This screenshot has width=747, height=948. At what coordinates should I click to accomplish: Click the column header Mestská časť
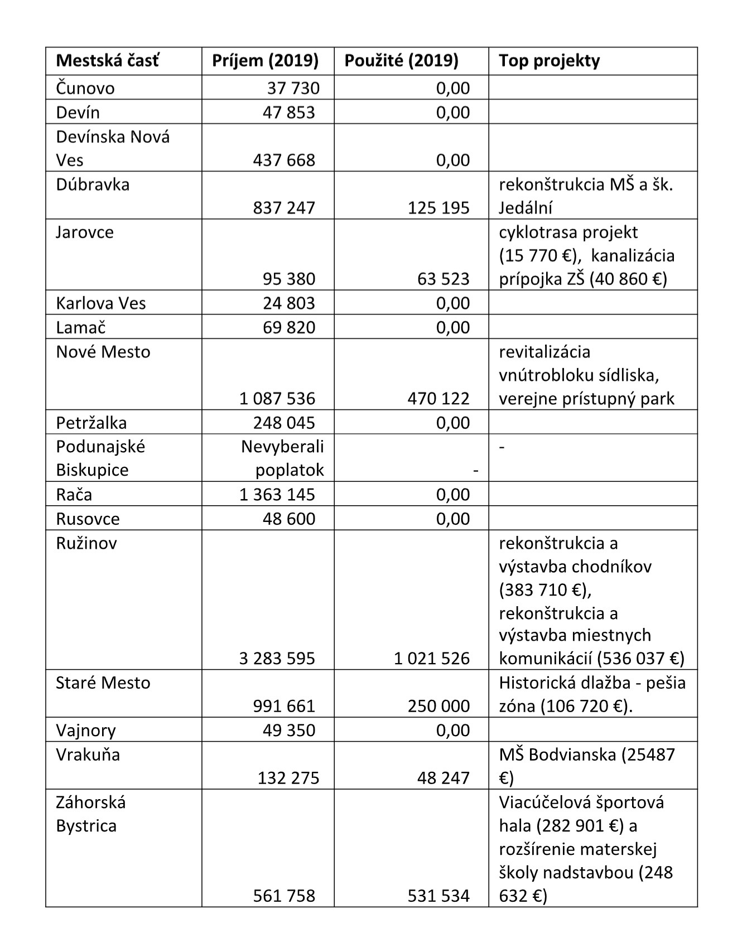(107, 61)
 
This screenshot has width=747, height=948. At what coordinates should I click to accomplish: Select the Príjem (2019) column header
(265, 61)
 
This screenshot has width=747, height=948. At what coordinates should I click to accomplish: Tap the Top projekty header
(549, 61)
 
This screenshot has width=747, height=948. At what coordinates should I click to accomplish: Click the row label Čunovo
(85, 88)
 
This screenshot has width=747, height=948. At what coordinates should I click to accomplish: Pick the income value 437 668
(284, 161)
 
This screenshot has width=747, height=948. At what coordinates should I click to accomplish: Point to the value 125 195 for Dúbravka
(438, 208)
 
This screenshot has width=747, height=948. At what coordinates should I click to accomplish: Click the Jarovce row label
(85, 232)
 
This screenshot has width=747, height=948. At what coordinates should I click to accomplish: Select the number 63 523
(444, 279)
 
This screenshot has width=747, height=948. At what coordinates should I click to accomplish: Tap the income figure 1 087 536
(277, 399)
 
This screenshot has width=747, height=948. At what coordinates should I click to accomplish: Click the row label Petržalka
(91, 423)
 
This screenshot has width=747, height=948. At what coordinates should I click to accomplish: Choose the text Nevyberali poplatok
(283, 458)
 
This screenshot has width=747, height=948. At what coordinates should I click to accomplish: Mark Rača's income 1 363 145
(277, 495)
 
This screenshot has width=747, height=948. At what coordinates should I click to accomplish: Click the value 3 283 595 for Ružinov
(277, 659)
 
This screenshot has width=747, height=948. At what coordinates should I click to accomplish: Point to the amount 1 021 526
(432, 659)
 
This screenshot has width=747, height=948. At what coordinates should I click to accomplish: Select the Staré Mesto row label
(103, 683)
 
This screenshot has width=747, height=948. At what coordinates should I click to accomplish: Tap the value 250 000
(438, 707)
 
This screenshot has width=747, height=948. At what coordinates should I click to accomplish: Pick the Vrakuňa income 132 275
(288, 778)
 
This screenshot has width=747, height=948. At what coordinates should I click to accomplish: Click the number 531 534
(438, 896)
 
